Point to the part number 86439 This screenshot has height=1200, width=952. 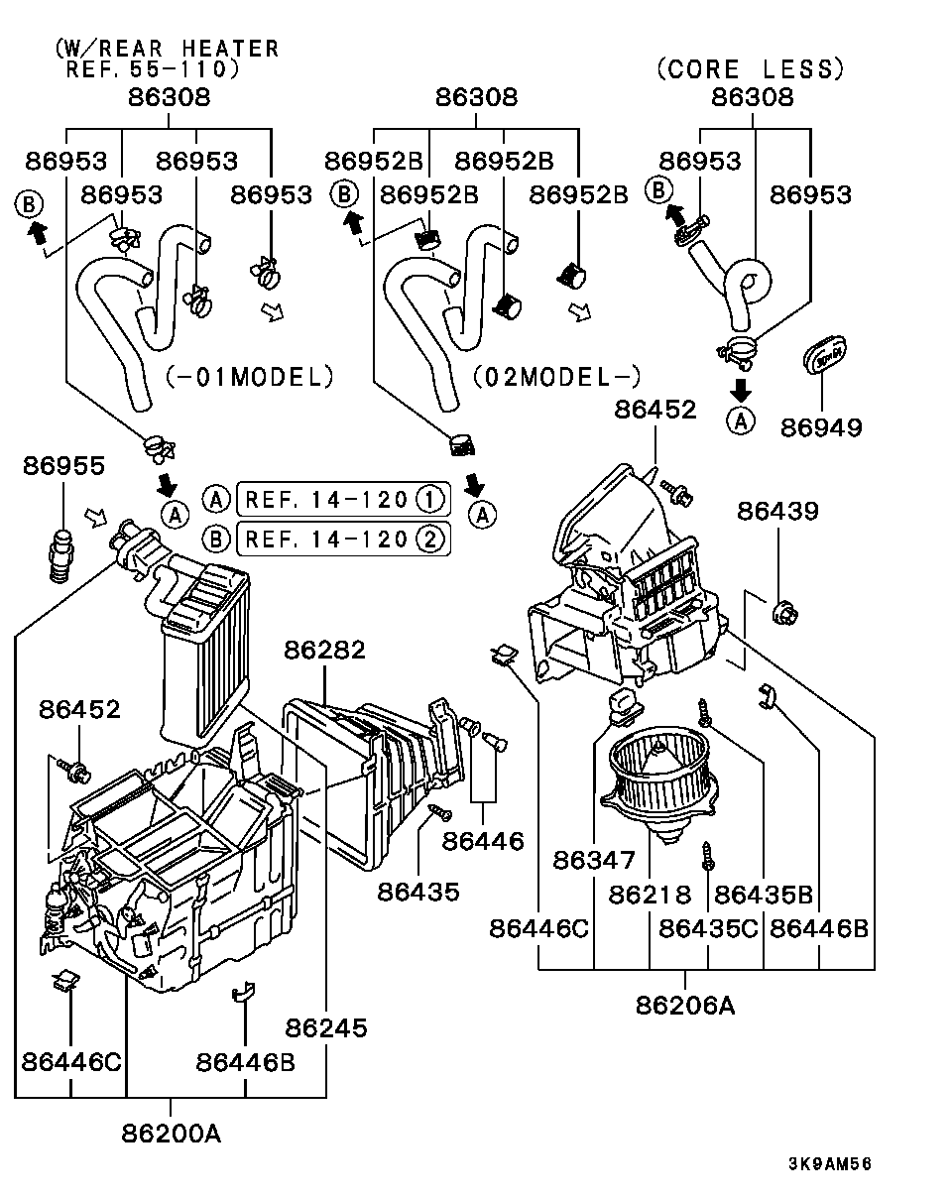coord(777,511)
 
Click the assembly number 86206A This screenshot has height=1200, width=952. coord(685,1004)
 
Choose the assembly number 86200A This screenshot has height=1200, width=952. coord(172,1132)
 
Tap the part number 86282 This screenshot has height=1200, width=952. coord(324,651)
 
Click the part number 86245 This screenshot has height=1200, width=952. coord(326,1027)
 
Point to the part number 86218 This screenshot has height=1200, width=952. coord(650,894)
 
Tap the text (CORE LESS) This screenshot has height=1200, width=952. coord(750,68)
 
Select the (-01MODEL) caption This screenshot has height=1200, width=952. coord(248,377)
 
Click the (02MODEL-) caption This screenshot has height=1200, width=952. coord(556,377)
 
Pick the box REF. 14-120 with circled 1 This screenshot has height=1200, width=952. coord(342,498)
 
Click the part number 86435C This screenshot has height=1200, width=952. coord(708,928)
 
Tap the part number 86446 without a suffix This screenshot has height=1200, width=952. coord(483,841)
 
